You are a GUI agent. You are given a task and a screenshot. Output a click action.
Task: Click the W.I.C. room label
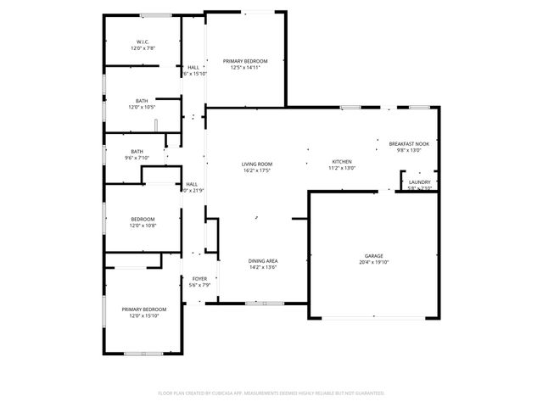click(143, 42)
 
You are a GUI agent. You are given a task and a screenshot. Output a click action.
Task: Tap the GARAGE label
click(374, 255)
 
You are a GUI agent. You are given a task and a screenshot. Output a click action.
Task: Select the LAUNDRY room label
click(419, 181)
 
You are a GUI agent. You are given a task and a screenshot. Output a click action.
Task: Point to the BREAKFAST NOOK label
click(408, 144)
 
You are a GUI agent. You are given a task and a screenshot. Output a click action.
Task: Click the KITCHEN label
click(341, 161)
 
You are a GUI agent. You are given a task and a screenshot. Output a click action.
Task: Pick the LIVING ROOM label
click(256, 164)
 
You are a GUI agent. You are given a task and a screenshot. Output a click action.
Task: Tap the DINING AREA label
click(263, 260)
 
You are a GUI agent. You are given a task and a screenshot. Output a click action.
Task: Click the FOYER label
click(199, 278)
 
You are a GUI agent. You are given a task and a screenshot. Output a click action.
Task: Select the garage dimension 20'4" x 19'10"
click(374, 262)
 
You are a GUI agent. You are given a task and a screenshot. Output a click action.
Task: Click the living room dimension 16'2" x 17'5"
click(256, 170)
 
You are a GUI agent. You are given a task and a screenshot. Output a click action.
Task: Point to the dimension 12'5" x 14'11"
click(245, 68)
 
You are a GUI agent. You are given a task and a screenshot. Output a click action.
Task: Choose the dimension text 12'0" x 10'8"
click(143, 226)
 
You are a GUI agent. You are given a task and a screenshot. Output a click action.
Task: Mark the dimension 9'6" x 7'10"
click(137, 158)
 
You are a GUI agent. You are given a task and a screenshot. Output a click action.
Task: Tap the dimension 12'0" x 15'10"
click(143, 316)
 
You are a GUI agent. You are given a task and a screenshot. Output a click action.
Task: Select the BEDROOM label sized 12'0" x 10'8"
click(143, 219)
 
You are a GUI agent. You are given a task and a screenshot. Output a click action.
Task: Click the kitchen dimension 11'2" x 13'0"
click(341, 168)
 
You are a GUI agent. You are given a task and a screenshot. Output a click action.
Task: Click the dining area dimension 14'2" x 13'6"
click(263, 267)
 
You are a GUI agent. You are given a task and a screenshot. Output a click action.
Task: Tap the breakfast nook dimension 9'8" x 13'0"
click(408, 151)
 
